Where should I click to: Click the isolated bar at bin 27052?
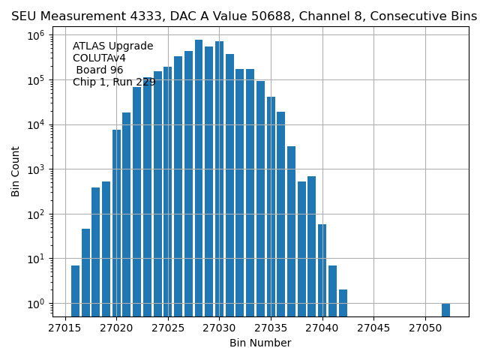[445, 310]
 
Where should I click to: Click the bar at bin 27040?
[322, 270]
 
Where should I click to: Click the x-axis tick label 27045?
[373, 328]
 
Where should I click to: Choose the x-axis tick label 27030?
[219, 328]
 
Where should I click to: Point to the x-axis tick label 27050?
[425, 328]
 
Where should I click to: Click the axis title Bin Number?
[260, 343]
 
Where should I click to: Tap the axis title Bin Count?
[16, 172]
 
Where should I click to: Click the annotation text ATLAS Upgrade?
[112, 46]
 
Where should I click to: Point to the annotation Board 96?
[99, 70]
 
